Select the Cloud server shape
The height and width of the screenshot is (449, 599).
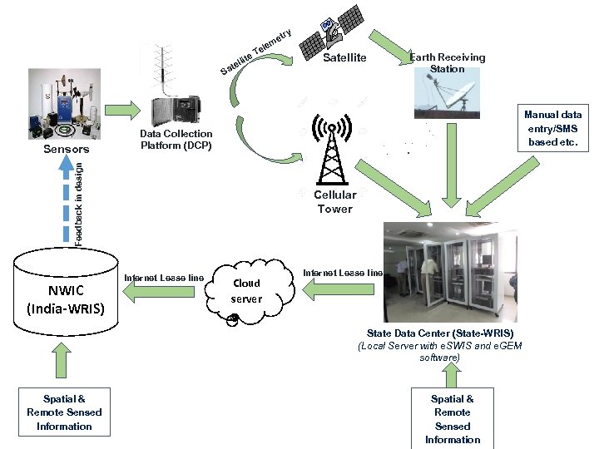coord(246,291)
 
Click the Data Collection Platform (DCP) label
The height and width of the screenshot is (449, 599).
coord(176,140)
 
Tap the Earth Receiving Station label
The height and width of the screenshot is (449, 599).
coord(448,63)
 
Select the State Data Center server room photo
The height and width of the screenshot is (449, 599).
coord(449,271)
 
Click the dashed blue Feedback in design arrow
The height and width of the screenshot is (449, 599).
coord(67,200)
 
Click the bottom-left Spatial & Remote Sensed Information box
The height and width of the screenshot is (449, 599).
coord(64,412)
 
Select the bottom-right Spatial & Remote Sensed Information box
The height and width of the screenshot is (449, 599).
coord(453,419)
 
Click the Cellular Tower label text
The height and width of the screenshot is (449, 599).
coord(334,202)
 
